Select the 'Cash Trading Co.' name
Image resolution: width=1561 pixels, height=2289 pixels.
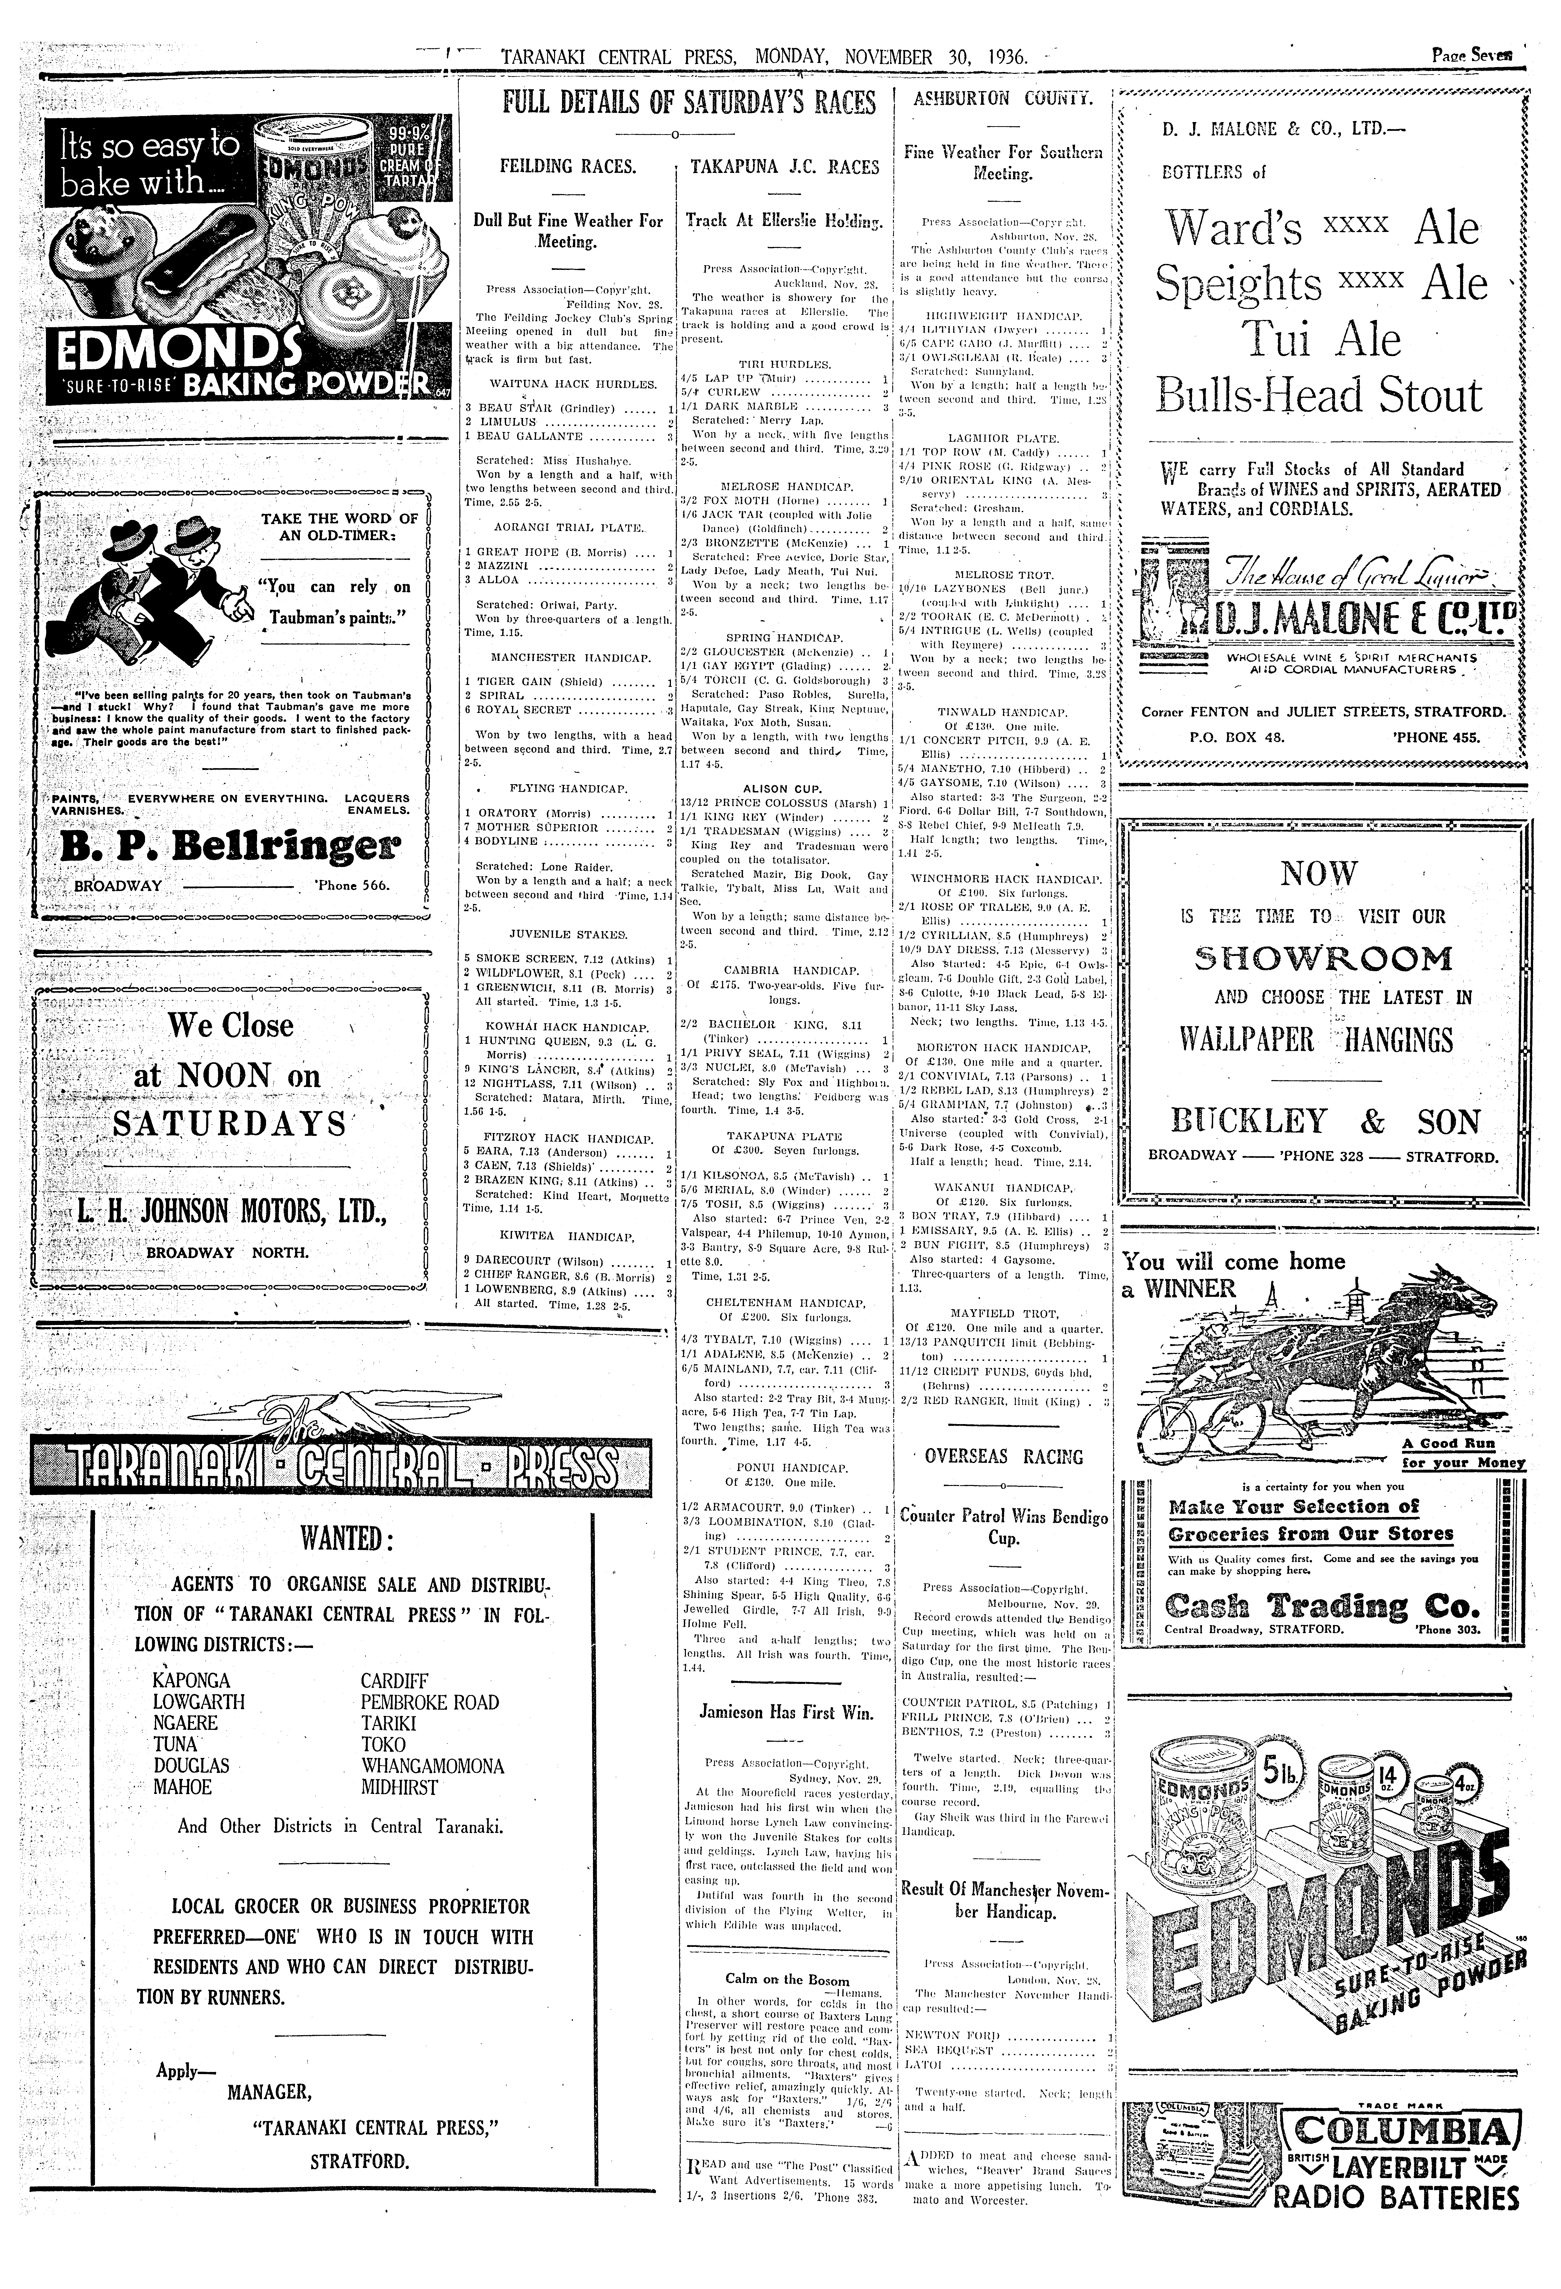(1322, 1605)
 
